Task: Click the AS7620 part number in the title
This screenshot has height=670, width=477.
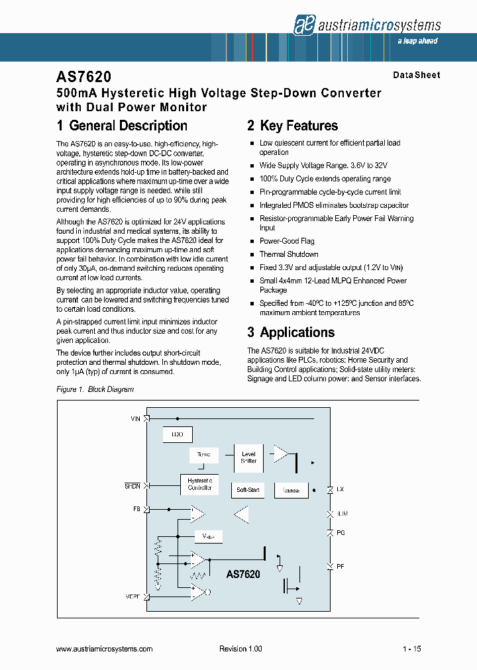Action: (x=79, y=78)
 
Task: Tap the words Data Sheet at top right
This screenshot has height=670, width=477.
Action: (x=416, y=75)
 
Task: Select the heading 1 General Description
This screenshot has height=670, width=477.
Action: (x=122, y=126)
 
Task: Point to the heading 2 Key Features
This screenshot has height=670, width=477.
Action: (x=292, y=126)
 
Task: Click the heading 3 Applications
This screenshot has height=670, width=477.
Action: (x=291, y=332)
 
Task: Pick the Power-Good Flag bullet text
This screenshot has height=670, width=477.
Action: (x=287, y=241)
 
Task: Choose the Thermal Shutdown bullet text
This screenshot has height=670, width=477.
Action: (x=289, y=254)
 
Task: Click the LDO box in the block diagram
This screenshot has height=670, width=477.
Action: (x=177, y=434)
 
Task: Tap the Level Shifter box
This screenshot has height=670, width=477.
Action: (x=248, y=457)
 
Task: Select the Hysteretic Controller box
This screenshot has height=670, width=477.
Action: (x=199, y=484)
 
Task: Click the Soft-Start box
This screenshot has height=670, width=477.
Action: (x=248, y=491)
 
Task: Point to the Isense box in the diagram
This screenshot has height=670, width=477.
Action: (x=291, y=491)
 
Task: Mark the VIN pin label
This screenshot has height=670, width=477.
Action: (x=136, y=419)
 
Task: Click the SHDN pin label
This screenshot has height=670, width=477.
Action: (x=132, y=485)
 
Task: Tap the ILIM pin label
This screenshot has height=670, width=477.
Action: (x=342, y=514)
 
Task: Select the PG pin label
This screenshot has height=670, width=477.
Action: (x=341, y=532)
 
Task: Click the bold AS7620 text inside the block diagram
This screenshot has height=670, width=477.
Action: (x=243, y=575)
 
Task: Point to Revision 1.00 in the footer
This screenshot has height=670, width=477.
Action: (x=241, y=649)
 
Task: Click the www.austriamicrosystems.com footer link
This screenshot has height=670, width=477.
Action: (x=105, y=649)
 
